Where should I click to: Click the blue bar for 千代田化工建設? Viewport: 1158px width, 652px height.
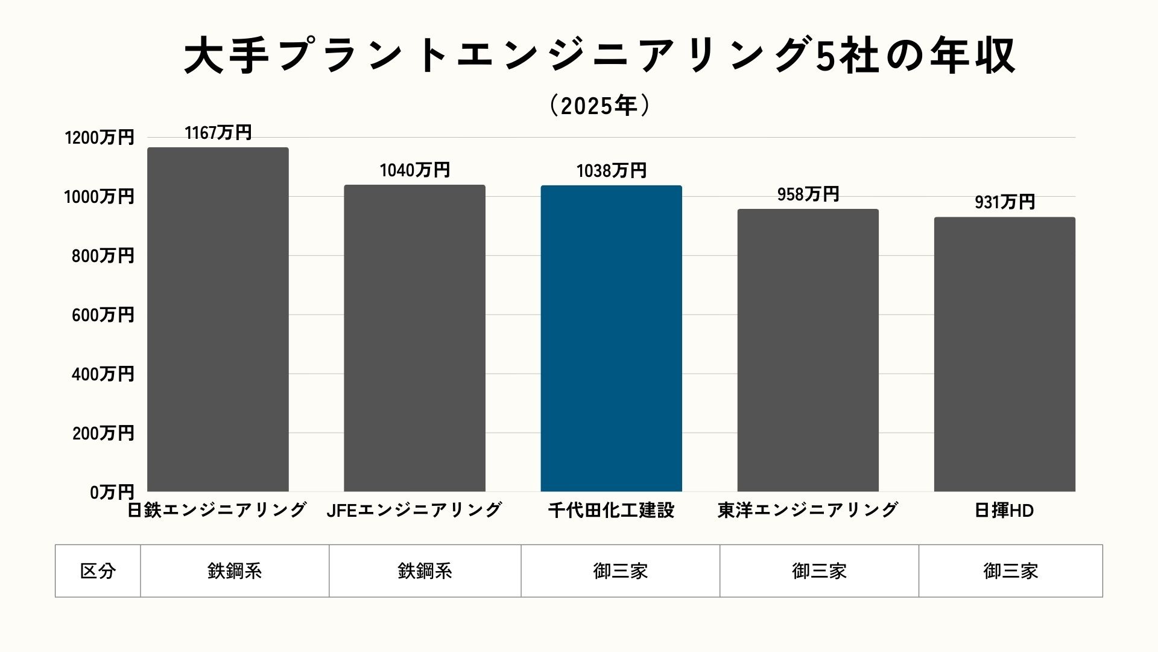(x=611, y=338)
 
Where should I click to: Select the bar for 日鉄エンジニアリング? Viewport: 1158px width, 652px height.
(x=218, y=320)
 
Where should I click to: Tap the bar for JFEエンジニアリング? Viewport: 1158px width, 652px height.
(x=414, y=338)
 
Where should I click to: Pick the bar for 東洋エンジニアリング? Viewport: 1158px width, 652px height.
(x=808, y=350)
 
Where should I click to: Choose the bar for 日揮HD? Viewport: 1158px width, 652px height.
(x=1004, y=354)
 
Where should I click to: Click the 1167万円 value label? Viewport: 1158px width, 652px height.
(x=218, y=133)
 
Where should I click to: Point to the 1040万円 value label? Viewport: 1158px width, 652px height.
(x=414, y=170)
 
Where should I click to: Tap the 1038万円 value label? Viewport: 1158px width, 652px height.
(x=611, y=171)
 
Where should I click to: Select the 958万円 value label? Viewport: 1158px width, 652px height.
(x=808, y=194)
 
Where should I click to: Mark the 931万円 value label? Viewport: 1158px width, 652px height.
(x=1004, y=202)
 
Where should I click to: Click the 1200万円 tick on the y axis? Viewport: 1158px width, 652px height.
(x=100, y=138)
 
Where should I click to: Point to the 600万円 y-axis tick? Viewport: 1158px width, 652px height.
(x=103, y=315)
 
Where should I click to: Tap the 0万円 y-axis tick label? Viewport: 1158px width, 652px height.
(x=112, y=493)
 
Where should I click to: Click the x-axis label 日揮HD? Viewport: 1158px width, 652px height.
(x=1004, y=511)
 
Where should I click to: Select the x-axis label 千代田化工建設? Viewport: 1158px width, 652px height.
(x=611, y=511)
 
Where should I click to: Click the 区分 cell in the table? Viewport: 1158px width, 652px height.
(x=98, y=571)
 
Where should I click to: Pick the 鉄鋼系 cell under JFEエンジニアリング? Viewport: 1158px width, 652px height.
(x=425, y=571)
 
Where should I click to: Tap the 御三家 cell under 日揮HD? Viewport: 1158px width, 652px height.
(x=1010, y=571)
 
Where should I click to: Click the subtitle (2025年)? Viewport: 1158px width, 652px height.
(x=600, y=106)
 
